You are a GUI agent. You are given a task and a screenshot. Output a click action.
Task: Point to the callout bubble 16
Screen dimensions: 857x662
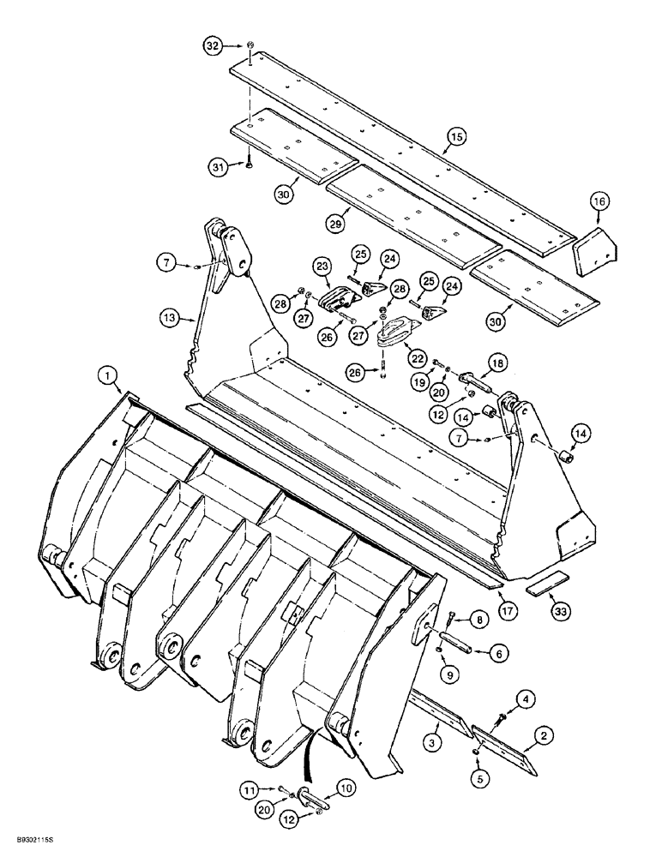(598, 201)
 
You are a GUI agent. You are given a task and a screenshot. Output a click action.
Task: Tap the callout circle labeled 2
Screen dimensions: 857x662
(543, 734)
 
